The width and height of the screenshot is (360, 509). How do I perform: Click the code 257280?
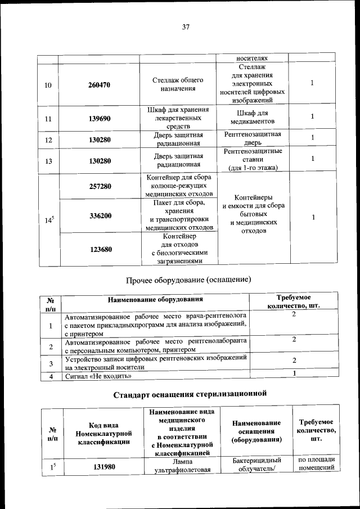[x=100, y=186]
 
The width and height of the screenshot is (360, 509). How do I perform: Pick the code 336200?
[x=100, y=216]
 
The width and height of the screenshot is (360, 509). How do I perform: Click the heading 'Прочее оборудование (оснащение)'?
[x=188, y=279]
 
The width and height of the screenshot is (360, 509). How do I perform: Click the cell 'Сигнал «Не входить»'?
[x=98, y=376]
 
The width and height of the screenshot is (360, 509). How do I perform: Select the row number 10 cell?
[x=48, y=85]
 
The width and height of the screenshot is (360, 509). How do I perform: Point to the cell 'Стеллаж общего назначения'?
[x=177, y=84]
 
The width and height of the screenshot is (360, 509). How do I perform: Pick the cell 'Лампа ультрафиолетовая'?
[x=177, y=466]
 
